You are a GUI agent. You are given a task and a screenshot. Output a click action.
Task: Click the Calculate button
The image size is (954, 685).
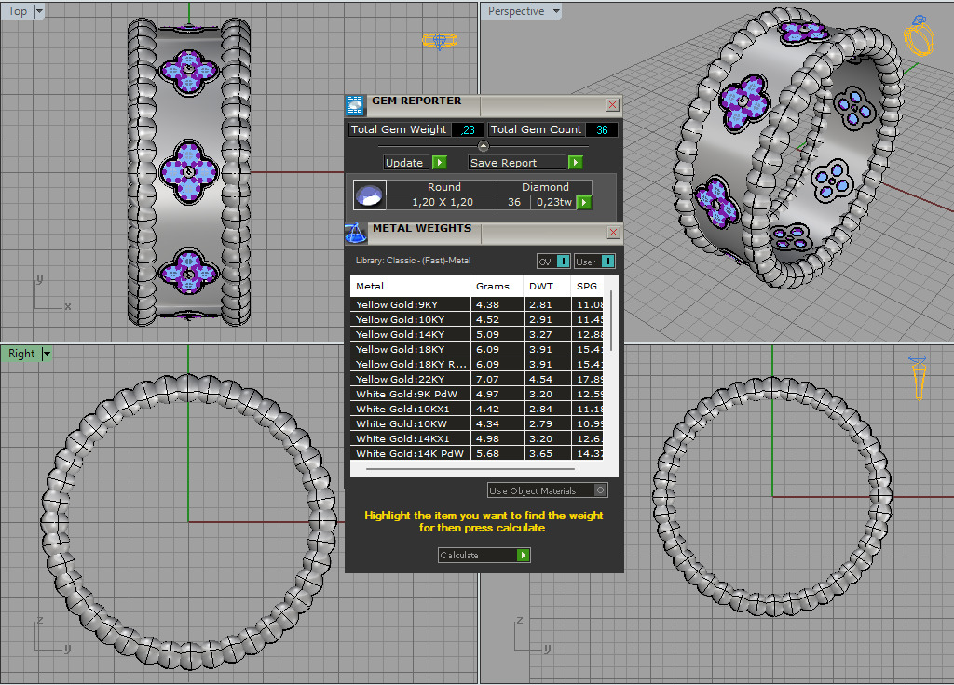(x=484, y=556)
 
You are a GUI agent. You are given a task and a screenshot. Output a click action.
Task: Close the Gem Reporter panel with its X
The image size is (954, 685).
(x=612, y=105)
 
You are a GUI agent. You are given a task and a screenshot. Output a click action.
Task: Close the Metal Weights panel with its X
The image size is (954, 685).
(x=613, y=233)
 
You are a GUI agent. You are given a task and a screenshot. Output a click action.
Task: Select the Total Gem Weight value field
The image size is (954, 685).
(x=467, y=130)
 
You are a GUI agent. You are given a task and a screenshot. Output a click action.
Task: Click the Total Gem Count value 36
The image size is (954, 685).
(x=601, y=130)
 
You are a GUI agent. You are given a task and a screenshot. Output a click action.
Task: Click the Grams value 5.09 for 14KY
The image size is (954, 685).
(x=488, y=335)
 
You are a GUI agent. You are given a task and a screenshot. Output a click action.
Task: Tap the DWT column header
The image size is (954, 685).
(x=540, y=287)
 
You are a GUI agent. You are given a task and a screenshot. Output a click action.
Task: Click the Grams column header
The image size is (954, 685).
(x=492, y=287)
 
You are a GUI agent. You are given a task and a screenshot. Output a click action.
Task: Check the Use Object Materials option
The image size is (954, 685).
(x=601, y=490)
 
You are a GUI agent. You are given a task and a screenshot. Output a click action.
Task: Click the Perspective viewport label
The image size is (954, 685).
(x=515, y=11)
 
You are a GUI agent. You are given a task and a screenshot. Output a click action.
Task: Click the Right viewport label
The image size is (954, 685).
(x=21, y=354)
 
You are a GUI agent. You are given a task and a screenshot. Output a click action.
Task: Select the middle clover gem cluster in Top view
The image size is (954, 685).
(x=189, y=170)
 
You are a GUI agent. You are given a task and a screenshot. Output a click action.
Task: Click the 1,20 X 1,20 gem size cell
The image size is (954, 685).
(x=443, y=202)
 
